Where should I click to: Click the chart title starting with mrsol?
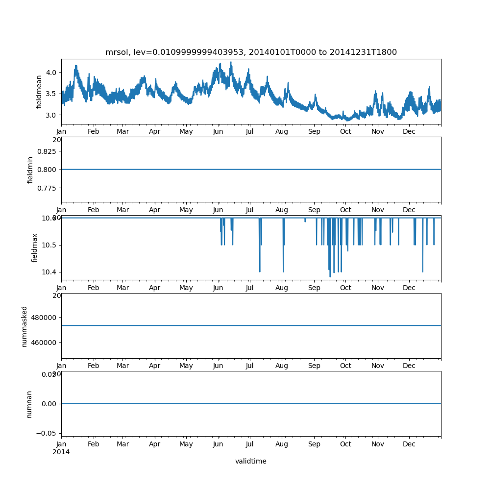pyautogui.click(x=251, y=52)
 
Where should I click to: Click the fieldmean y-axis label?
pyautogui.click(x=39, y=92)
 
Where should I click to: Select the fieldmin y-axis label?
pyautogui.click(x=30, y=170)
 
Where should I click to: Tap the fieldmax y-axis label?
pyautogui.click(x=35, y=247)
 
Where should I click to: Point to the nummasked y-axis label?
pyautogui.click(x=24, y=326)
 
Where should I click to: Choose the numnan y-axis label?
pyautogui.click(x=29, y=404)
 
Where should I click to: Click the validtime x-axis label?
pyautogui.click(x=250, y=461)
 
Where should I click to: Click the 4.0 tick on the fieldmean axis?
pyautogui.click(x=51, y=73)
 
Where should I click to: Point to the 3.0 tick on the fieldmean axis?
pyautogui.click(x=51, y=115)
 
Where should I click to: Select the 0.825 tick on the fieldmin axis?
pyautogui.click(x=48, y=151)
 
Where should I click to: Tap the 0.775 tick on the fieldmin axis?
pyautogui.click(x=48, y=188)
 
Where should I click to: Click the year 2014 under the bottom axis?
pyautogui.click(x=61, y=452)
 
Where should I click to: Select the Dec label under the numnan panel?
pyautogui.click(x=409, y=444)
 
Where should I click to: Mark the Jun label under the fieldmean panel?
pyautogui.click(x=218, y=131)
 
